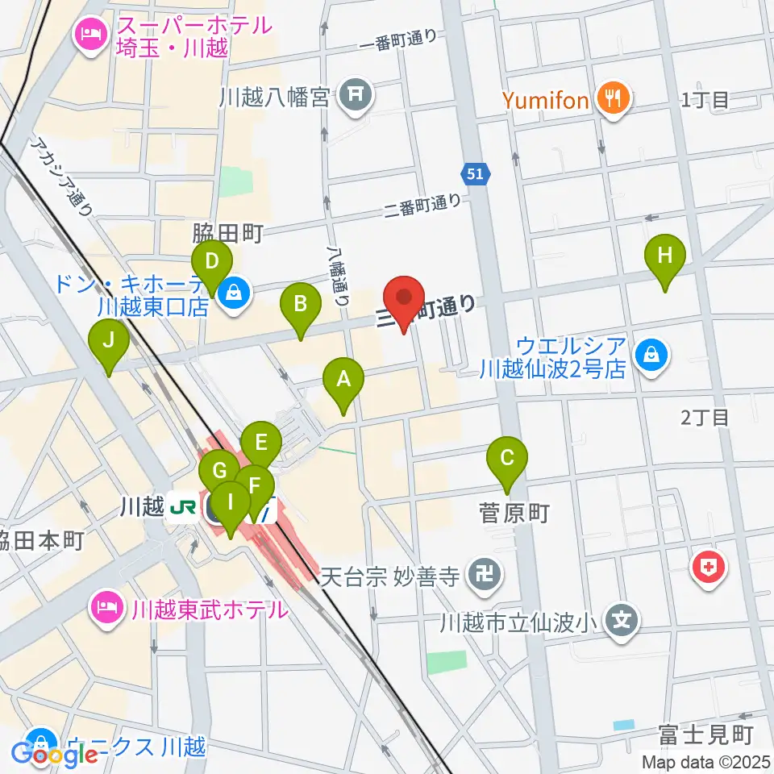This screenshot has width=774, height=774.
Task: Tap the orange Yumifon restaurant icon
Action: pyautogui.click(x=614, y=99)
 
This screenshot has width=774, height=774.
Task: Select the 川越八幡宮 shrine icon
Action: pyautogui.click(x=355, y=97)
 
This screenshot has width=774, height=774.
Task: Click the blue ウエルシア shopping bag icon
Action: pyautogui.click(x=650, y=354)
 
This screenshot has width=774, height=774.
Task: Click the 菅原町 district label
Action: pyautogui.click(x=514, y=514)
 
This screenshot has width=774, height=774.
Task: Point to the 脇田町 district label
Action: pyautogui.click(x=227, y=235)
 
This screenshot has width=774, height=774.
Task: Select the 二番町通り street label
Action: pyautogui.click(x=423, y=207)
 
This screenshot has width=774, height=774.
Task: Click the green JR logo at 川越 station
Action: pyautogui.click(x=183, y=508)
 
